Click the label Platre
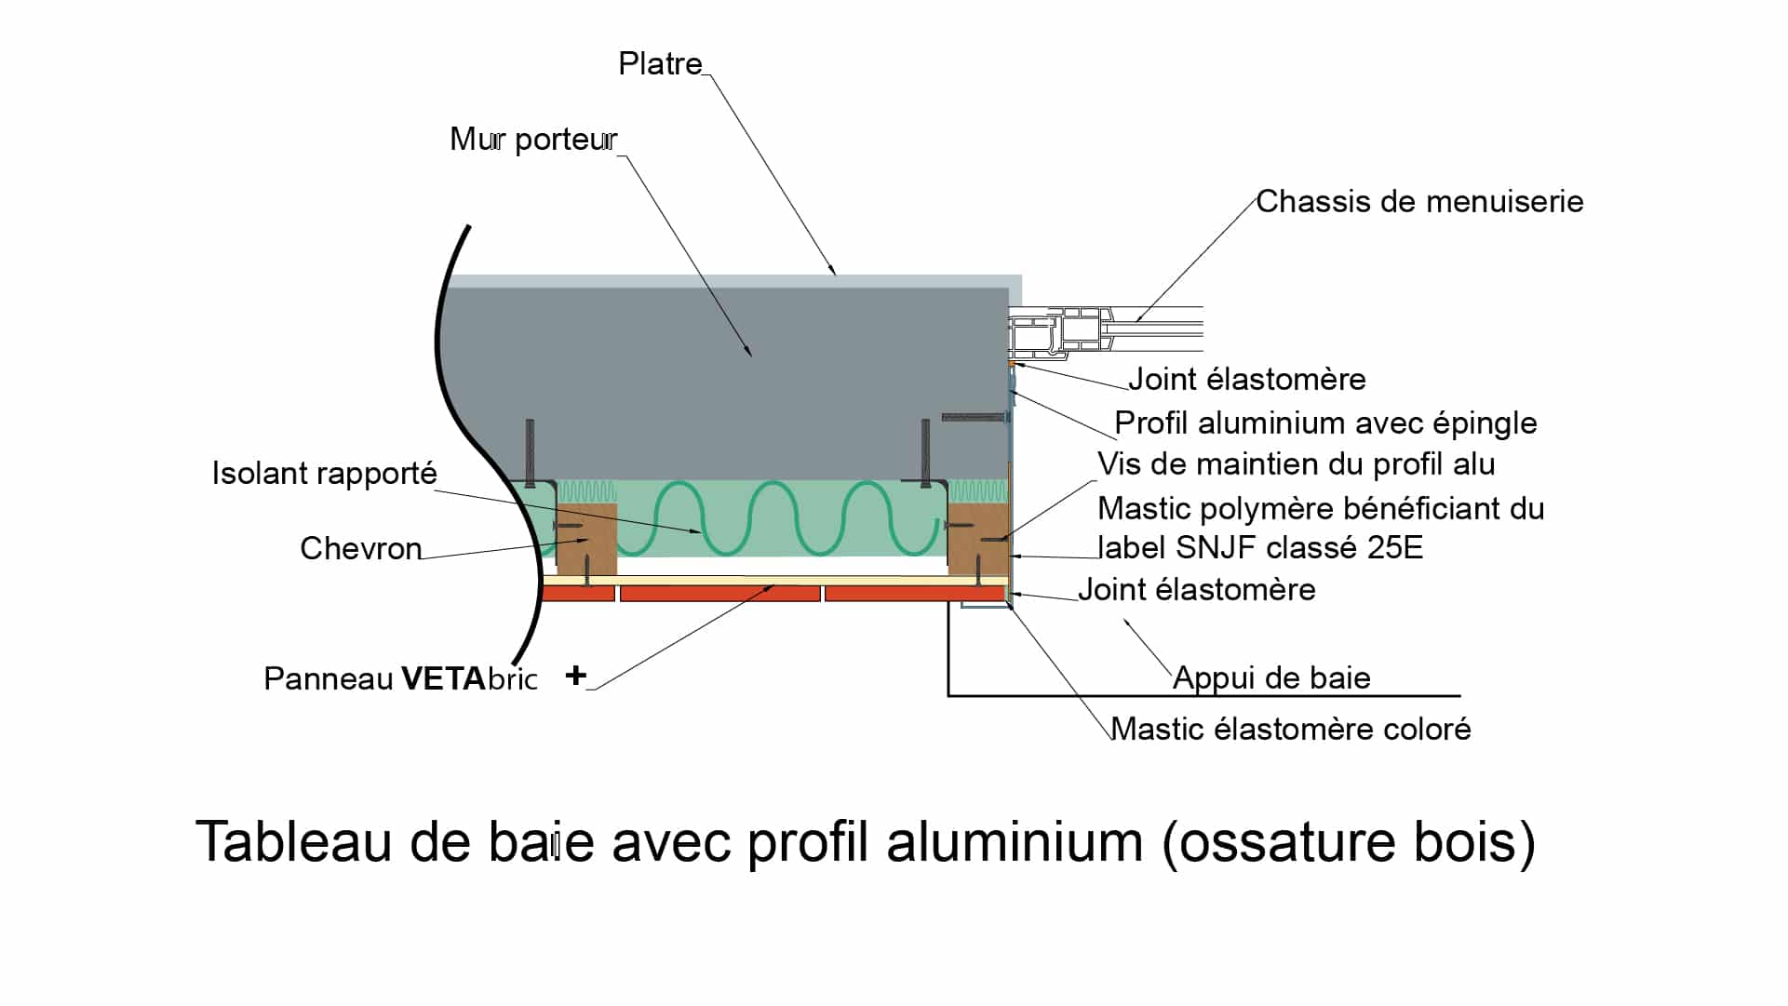[x=660, y=64]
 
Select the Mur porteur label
[x=532, y=140]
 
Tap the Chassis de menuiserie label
[x=1419, y=202]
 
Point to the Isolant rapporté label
[x=324, y=474]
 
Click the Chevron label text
[x=360, y=549]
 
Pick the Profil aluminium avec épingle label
[x=1325, y=423]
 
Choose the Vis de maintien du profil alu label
[x=1296, y=464]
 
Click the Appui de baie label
[x=1271, y=678]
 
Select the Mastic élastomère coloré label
[x=1291, y=729]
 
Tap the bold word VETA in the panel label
[x=444, y=679]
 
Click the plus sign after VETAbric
[x=575, y=676]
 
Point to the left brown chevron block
[x=586, y=539]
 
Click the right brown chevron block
[x=977, y=539]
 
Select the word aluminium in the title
[x=1015, y=842]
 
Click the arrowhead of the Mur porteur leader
[x=748, y=353]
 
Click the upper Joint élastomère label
[x=1247, y=380]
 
